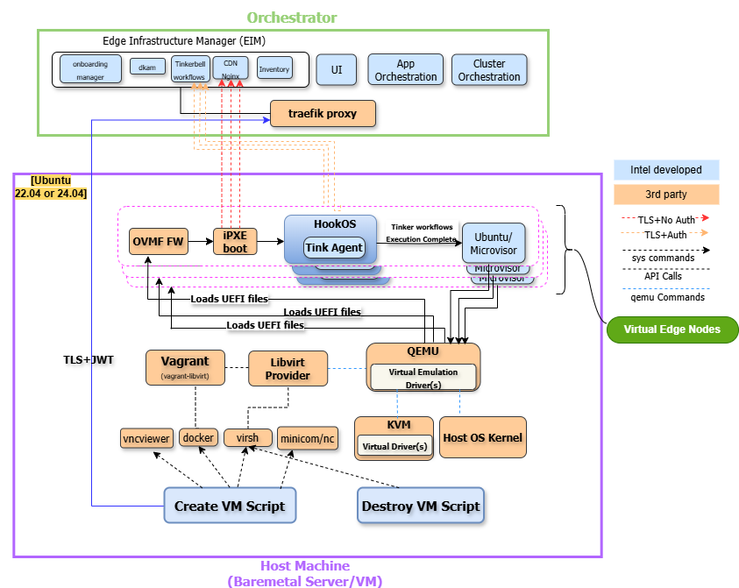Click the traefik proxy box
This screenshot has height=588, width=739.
[x=323, y=114]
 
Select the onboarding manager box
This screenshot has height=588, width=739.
[x=89, y=70]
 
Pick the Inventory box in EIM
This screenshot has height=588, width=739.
[x=274, y=68]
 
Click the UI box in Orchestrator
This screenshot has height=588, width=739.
[x=336, y=69]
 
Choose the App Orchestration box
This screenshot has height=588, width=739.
[x=405, y=70]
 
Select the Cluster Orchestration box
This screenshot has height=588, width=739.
[x=489, y=70]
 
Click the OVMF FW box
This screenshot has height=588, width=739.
[x=158, y=241]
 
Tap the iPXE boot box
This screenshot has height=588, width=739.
[x=235, y=241]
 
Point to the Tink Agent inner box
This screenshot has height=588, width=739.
[x=334, y=247]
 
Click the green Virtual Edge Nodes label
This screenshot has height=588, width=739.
[x=672, y=330]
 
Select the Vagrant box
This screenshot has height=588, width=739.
[x=185, y=367]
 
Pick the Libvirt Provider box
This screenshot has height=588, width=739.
[x=288, y=368]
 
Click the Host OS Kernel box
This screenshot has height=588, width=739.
[x=483, y=437]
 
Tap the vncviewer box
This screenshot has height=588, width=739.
[x=146, y=438]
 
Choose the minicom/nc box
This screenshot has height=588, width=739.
[x=307, y=438]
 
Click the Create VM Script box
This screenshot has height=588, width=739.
[x=230, y=506]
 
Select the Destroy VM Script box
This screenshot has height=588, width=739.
[x=421, y=506]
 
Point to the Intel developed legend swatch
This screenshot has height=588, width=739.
[x=666, y=170]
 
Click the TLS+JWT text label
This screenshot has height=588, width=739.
[x=89, y=359]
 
